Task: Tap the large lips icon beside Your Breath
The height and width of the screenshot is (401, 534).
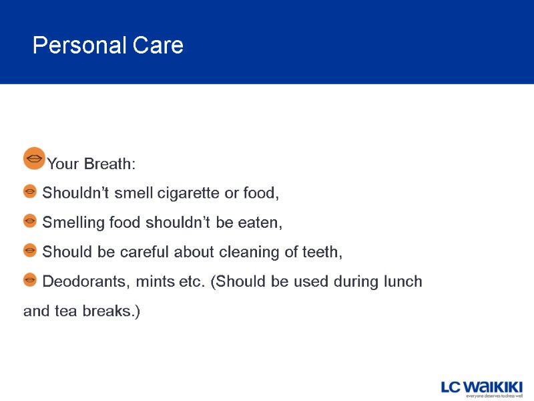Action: pyautogui.click(x=34, y=158)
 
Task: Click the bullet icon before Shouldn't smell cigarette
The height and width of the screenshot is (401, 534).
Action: pyautogui.click(x=30, y=192)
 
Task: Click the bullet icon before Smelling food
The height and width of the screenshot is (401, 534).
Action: pyautogui.click(x=30, y=221)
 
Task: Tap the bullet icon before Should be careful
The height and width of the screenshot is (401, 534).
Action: pyautogui.click(x=30, y=250)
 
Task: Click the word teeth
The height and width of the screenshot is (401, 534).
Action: pyautogui.click(x=324, y=253)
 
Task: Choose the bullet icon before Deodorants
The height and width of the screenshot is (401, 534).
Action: pyautogui.click(x=30, y=279)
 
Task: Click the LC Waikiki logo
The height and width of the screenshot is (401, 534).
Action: pyautogui.click(x=481, y=387)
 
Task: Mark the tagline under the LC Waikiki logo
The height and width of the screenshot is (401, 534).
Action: pyautogui.click(x=493, y=396)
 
